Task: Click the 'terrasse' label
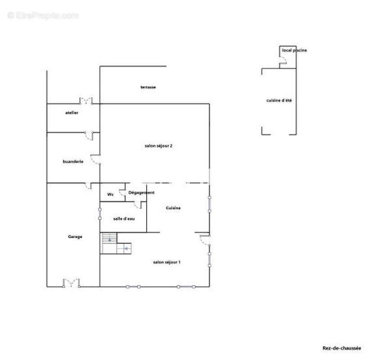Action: tap(148, 87)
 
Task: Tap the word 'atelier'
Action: tap(72, 112)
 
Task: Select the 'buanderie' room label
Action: tap(73, 162)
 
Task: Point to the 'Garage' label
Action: tap(75, 237)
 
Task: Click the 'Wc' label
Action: tap(110, 194)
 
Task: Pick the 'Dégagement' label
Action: tap(141, 193)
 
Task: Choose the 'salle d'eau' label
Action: tap(124, 219)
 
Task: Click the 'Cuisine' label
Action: tap(173, 208)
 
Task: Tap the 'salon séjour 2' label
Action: tap(158, 146)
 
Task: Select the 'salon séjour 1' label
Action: tap(166, 262)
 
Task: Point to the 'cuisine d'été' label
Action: tap(279, 100)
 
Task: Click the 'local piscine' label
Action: tap(294, 50)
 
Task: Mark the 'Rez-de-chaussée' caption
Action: tap(341, 348)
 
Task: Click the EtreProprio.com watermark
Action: tap(43, 16)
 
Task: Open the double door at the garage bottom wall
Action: tap(71, 283)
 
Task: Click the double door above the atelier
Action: tap(86, 101)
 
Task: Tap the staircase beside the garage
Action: tap(116, 243)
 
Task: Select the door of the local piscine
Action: tap(283, 60)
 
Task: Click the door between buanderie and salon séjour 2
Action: tap(95, 159)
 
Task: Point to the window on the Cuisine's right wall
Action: tap(209, 204)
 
